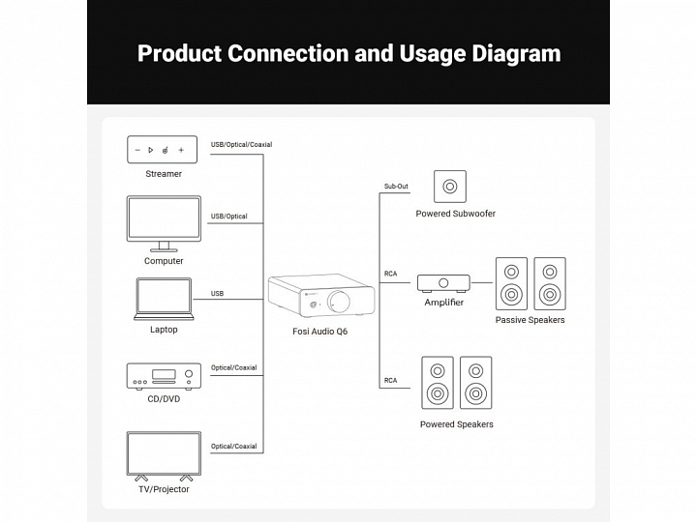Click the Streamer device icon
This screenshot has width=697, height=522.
[x=164, y=150]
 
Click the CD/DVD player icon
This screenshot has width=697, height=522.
[x=164, y=375]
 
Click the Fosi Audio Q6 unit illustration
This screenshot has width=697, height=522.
[x=320, y=297]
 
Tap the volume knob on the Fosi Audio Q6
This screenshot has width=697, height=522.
[x=344, y=301]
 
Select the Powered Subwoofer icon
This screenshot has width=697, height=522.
[x=449, y=186]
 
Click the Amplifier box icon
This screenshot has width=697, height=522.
[x=444, y=282]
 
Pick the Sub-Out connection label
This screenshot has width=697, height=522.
[x=396, y=186]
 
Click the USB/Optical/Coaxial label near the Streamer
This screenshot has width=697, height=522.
[x=241, y=145]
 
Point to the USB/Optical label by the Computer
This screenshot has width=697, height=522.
[x=228, y=217]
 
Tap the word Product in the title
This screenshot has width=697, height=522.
[x=179, y=53]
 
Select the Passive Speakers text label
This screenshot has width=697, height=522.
[x=530, y=320]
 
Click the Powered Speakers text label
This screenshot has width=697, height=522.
[x=456, y=424]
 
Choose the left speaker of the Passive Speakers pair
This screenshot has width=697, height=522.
[x=511, y=282]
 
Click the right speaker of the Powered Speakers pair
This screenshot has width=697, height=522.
[x=474, y=382]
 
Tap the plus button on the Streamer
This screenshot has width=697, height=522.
[x=181, y=150]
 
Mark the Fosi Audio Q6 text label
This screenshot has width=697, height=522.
[x=320, y=332]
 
